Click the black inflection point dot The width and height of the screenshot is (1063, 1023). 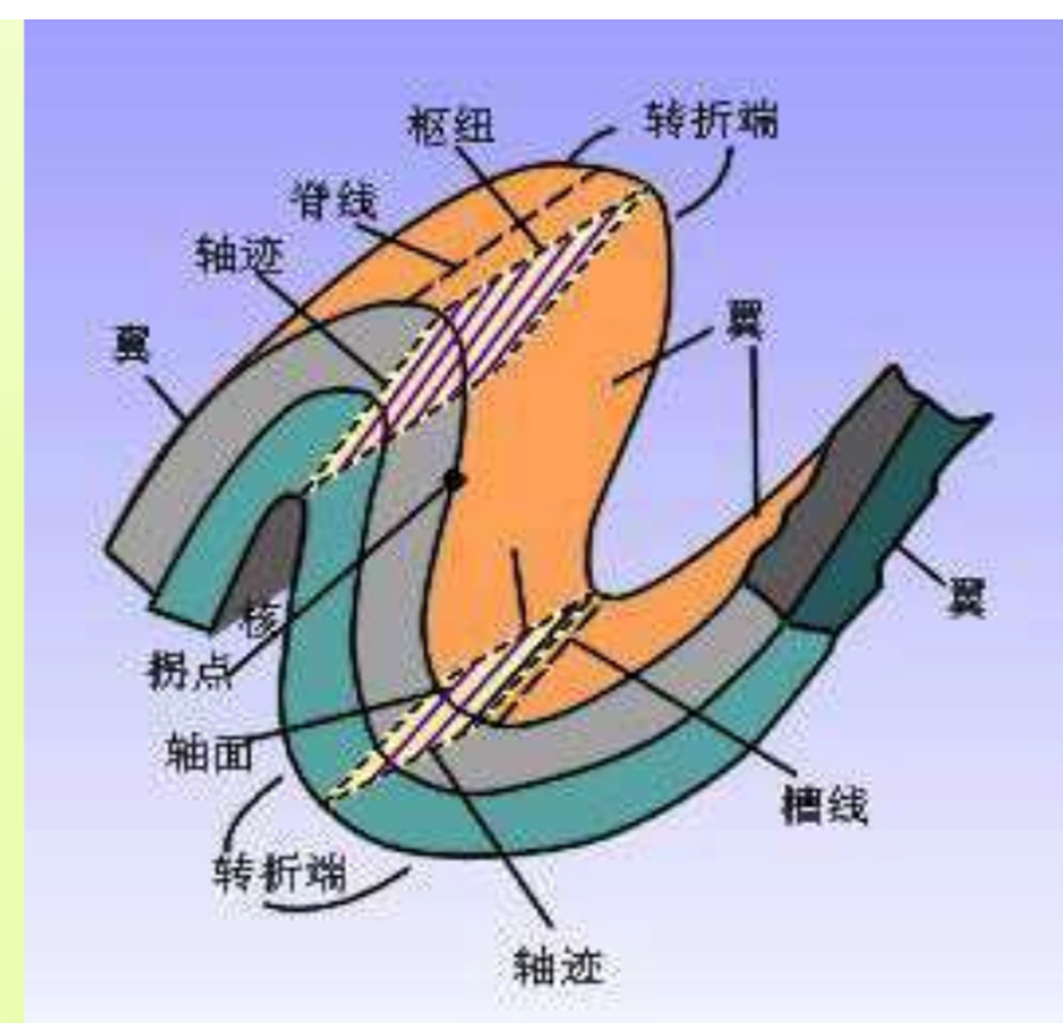(x=455, y=481)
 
